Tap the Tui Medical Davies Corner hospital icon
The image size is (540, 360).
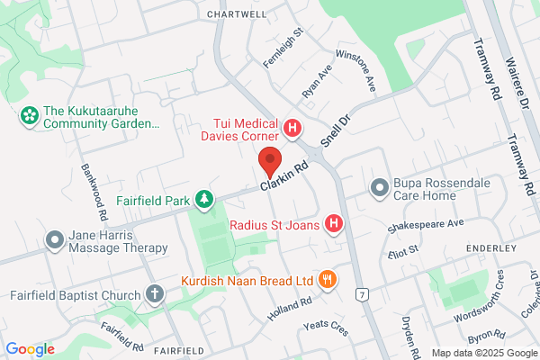[x=292, y=130]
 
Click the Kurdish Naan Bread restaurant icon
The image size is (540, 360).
[x=328, y=279]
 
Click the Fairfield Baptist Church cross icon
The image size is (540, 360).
[x=155, y=294]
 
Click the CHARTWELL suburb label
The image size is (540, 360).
[x=236, y=14]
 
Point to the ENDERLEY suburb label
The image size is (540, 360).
[x=490, y=247]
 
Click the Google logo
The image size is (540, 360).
[x=30, y=349]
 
